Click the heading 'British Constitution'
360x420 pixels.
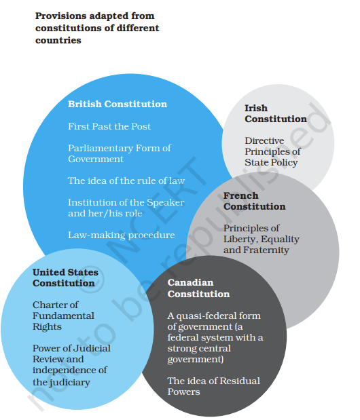coord(118,104)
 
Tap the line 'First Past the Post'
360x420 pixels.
coord(109,126)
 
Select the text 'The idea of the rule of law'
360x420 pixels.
coord(126,180)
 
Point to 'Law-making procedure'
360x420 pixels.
coord(122,235)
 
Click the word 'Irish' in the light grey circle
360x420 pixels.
coord(256,108)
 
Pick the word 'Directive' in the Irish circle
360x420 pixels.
coord(264,140)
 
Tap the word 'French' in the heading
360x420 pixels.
coord(241,195)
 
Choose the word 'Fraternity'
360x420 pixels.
coord(266,250)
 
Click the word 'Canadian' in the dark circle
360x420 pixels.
coord(191,282)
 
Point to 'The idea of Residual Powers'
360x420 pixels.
coord(214,386)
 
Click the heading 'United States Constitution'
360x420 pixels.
coord(65,278)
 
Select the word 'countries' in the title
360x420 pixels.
coord(58,40)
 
